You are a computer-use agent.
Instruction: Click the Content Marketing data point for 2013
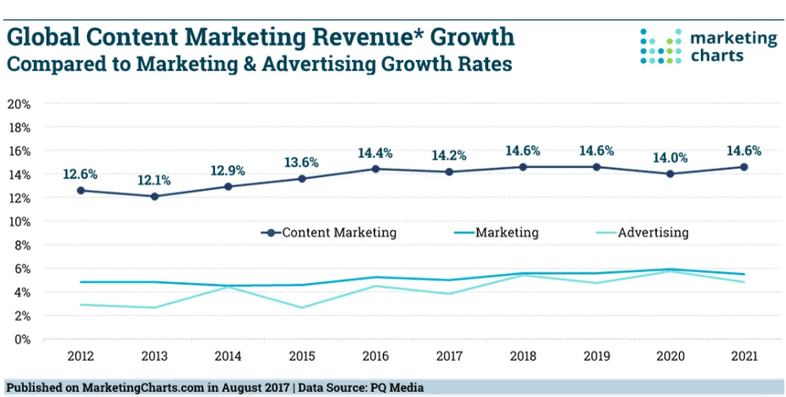click(x=154, y=196)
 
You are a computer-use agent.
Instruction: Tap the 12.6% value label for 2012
click(x=80, y=174)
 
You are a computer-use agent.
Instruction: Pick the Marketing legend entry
click(x=507, y=233)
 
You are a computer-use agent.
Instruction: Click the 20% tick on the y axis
click(x=19, y=104)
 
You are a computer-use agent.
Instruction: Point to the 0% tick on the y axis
click(x=23, y=340)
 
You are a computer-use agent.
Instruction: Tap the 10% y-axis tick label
click(x=19, y=222)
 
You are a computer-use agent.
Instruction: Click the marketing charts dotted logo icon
click(x=662, y=46)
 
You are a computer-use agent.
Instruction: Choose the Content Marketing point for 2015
click(x=302, y=179)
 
